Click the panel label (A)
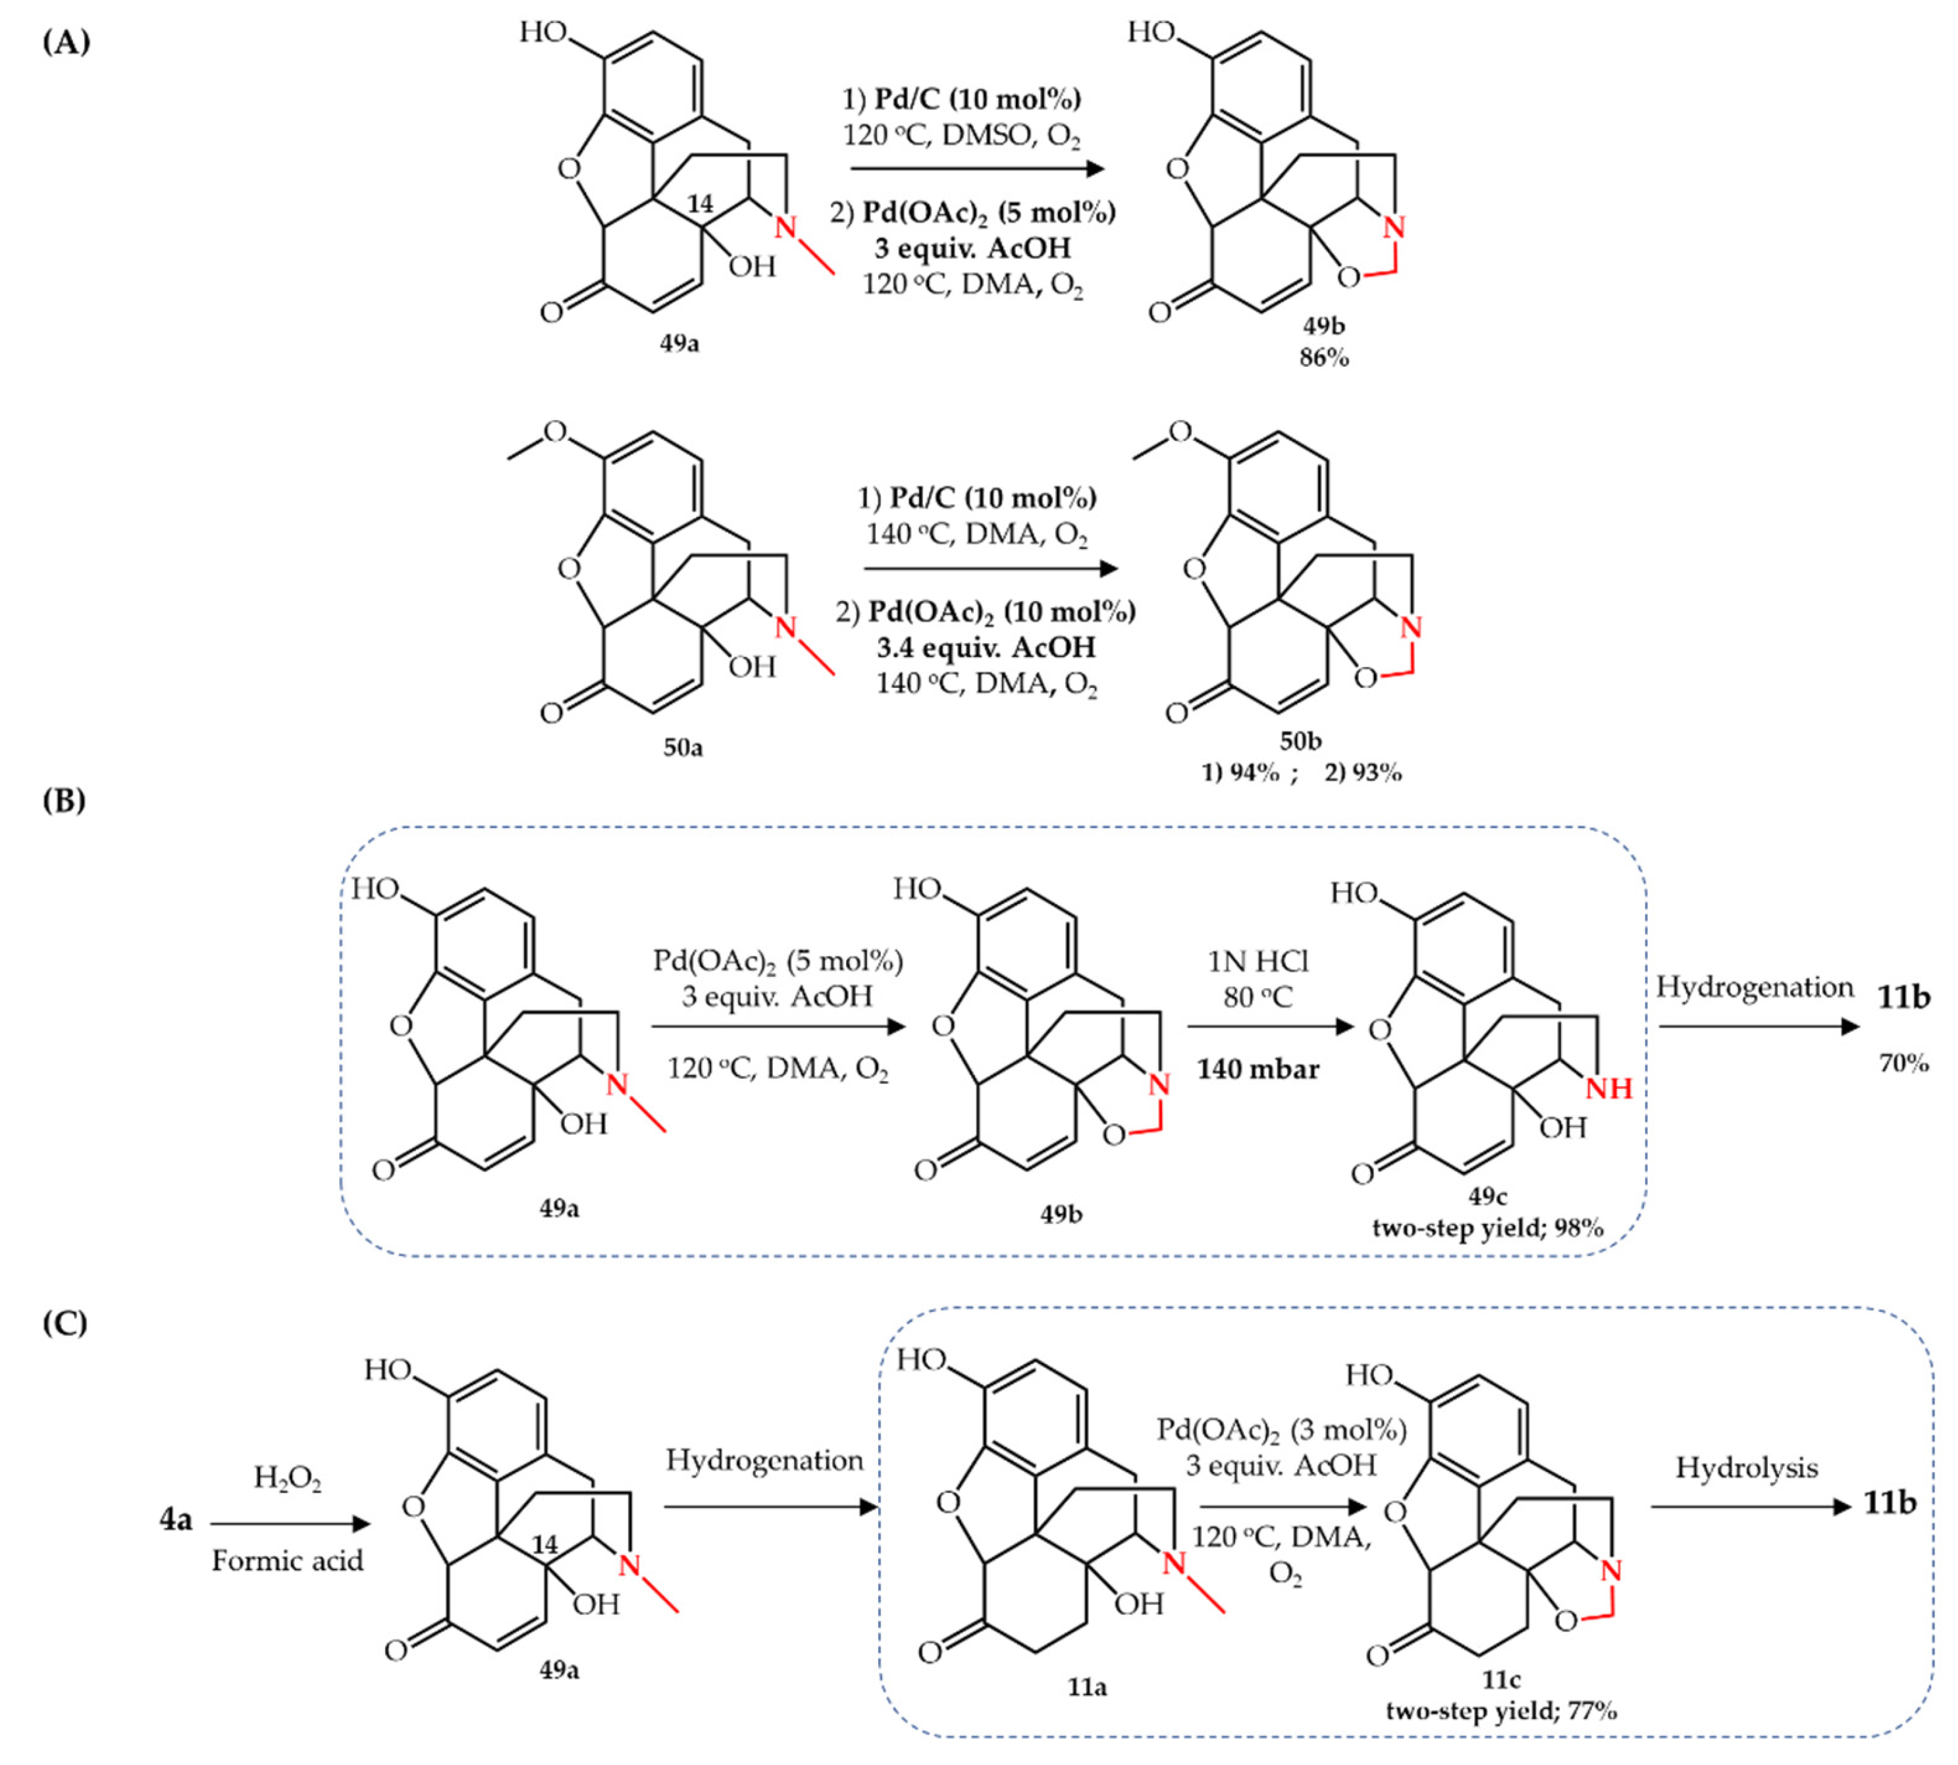[x=66, y=43]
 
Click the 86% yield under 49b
[x=1324, y=358]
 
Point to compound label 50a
[x=683, y=748]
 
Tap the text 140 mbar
[x=1257, y=1070]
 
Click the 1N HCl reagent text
[x=1257, y=961]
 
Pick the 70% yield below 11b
[x=1904, y=1064]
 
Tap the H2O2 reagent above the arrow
[x=287, y=1479]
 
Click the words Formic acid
[x=287, y=1560]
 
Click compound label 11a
[x=1087, y=1687]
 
